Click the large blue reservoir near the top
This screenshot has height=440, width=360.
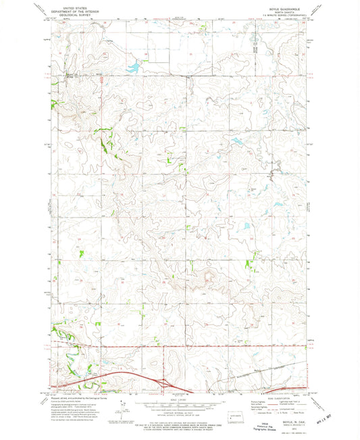click(133, 67)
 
